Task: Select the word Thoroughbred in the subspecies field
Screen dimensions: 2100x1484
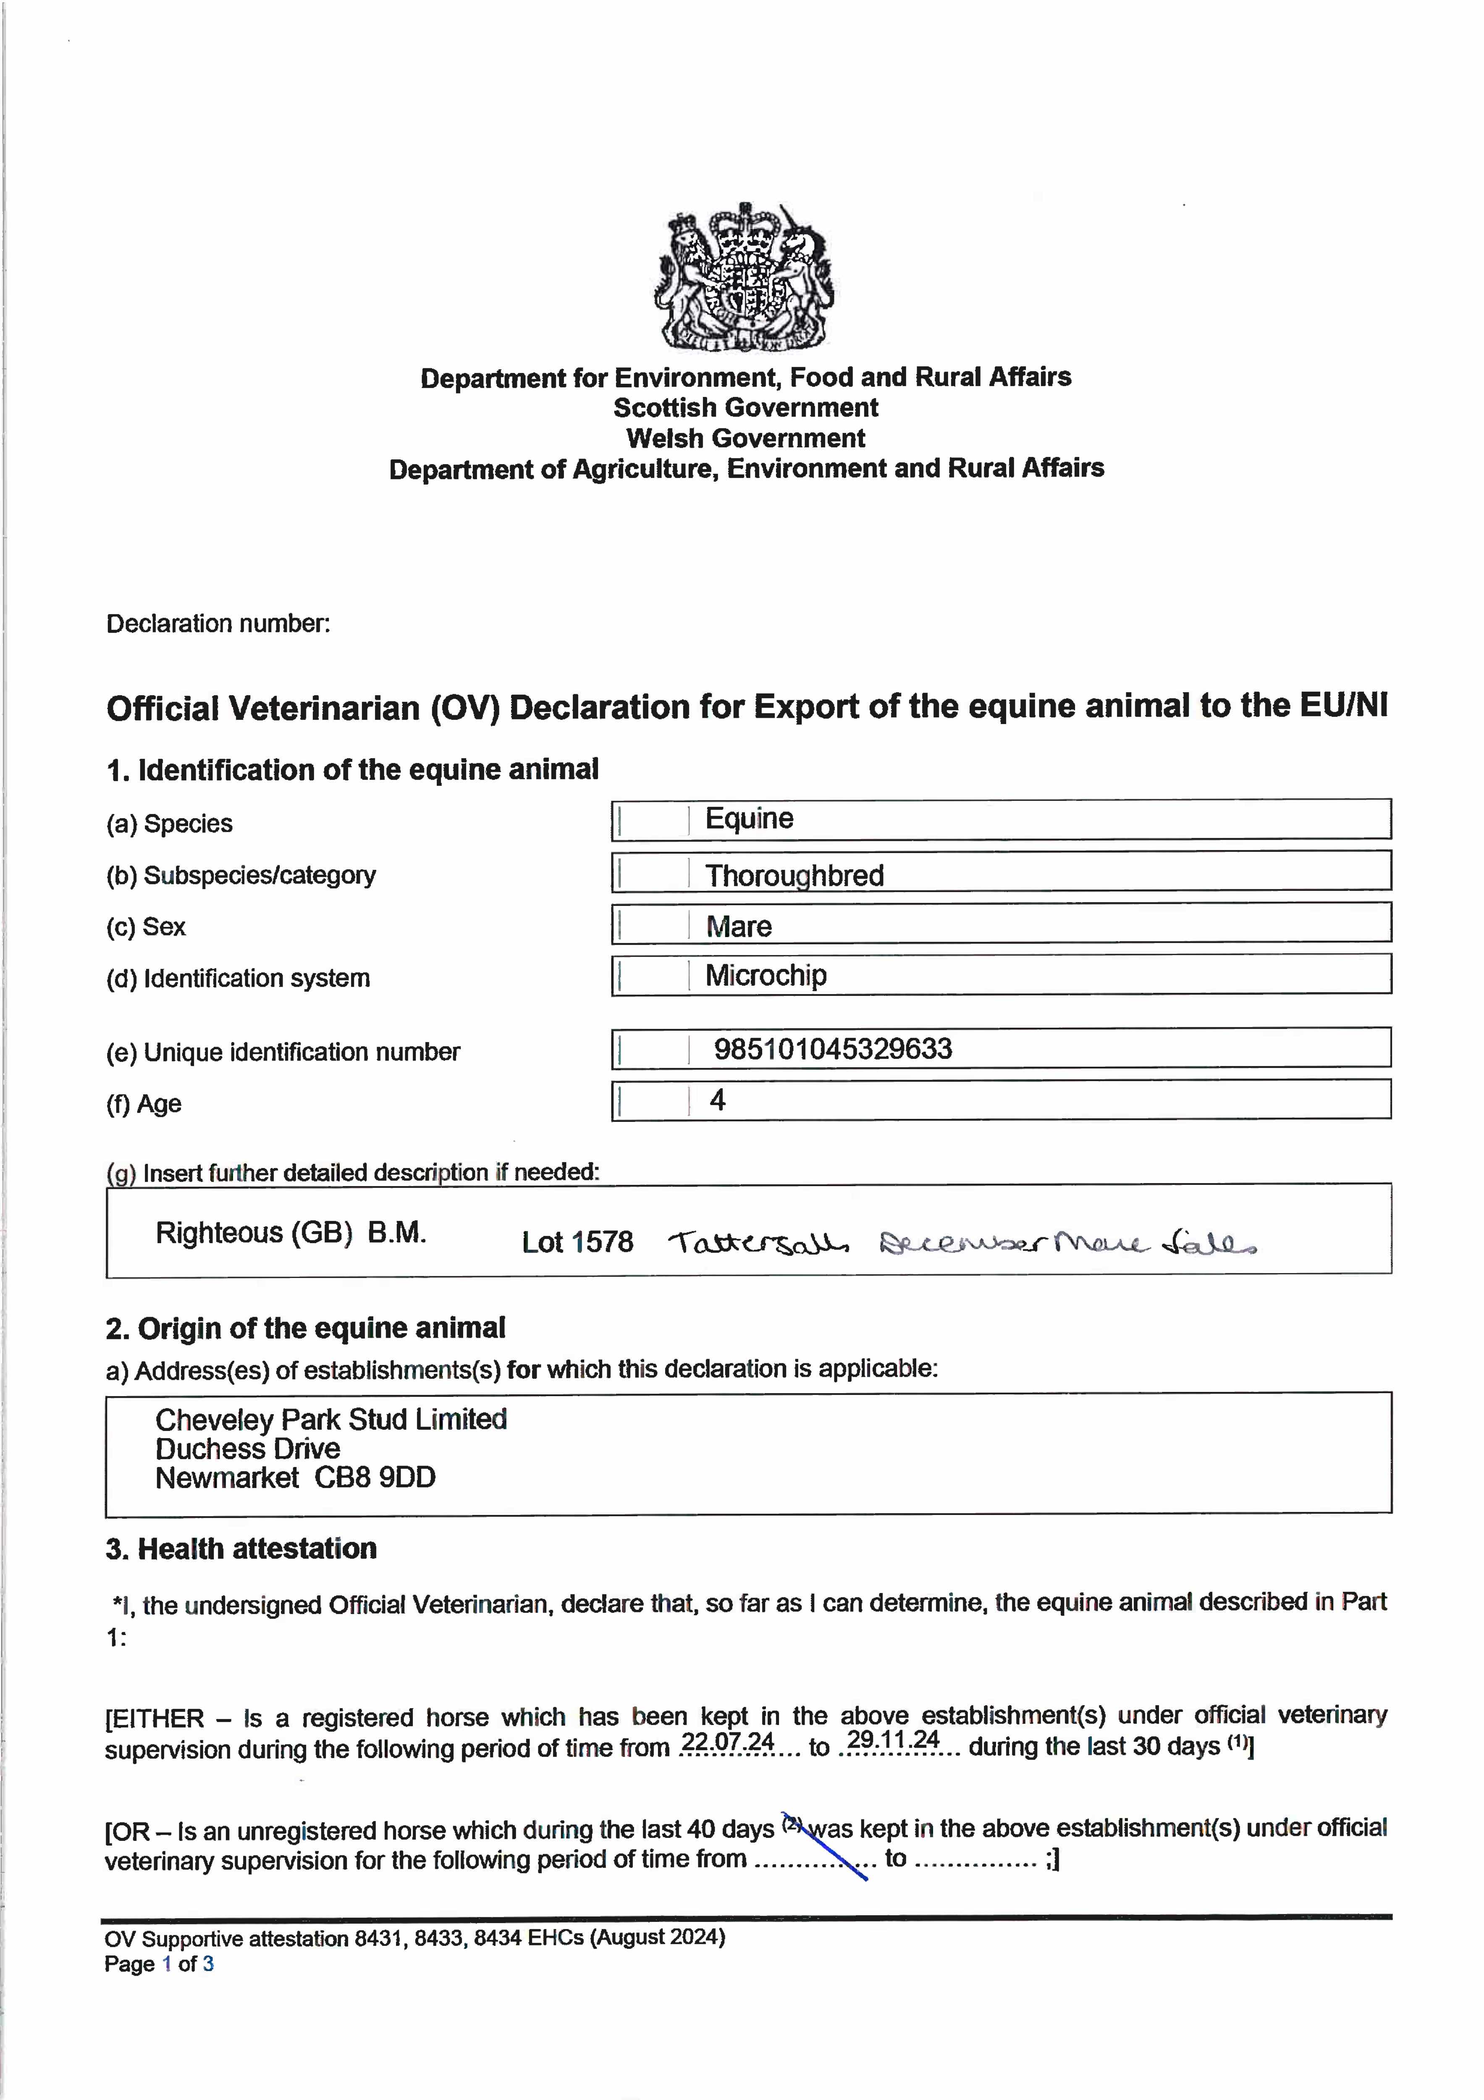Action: click(794, 875)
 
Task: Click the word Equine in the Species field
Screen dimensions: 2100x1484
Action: click(749, 819)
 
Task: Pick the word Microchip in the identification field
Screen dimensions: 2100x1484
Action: click(766, 975)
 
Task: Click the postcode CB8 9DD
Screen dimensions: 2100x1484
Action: click(375, 1477)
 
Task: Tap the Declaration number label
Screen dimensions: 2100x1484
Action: click(218, 624)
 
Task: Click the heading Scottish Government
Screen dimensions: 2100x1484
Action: click(745, 408)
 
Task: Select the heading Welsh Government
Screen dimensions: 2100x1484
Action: click(745, 438)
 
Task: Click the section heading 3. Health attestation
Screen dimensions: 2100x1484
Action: click(241, 1549)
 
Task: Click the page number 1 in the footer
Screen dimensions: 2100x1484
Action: click(166, 1964)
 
